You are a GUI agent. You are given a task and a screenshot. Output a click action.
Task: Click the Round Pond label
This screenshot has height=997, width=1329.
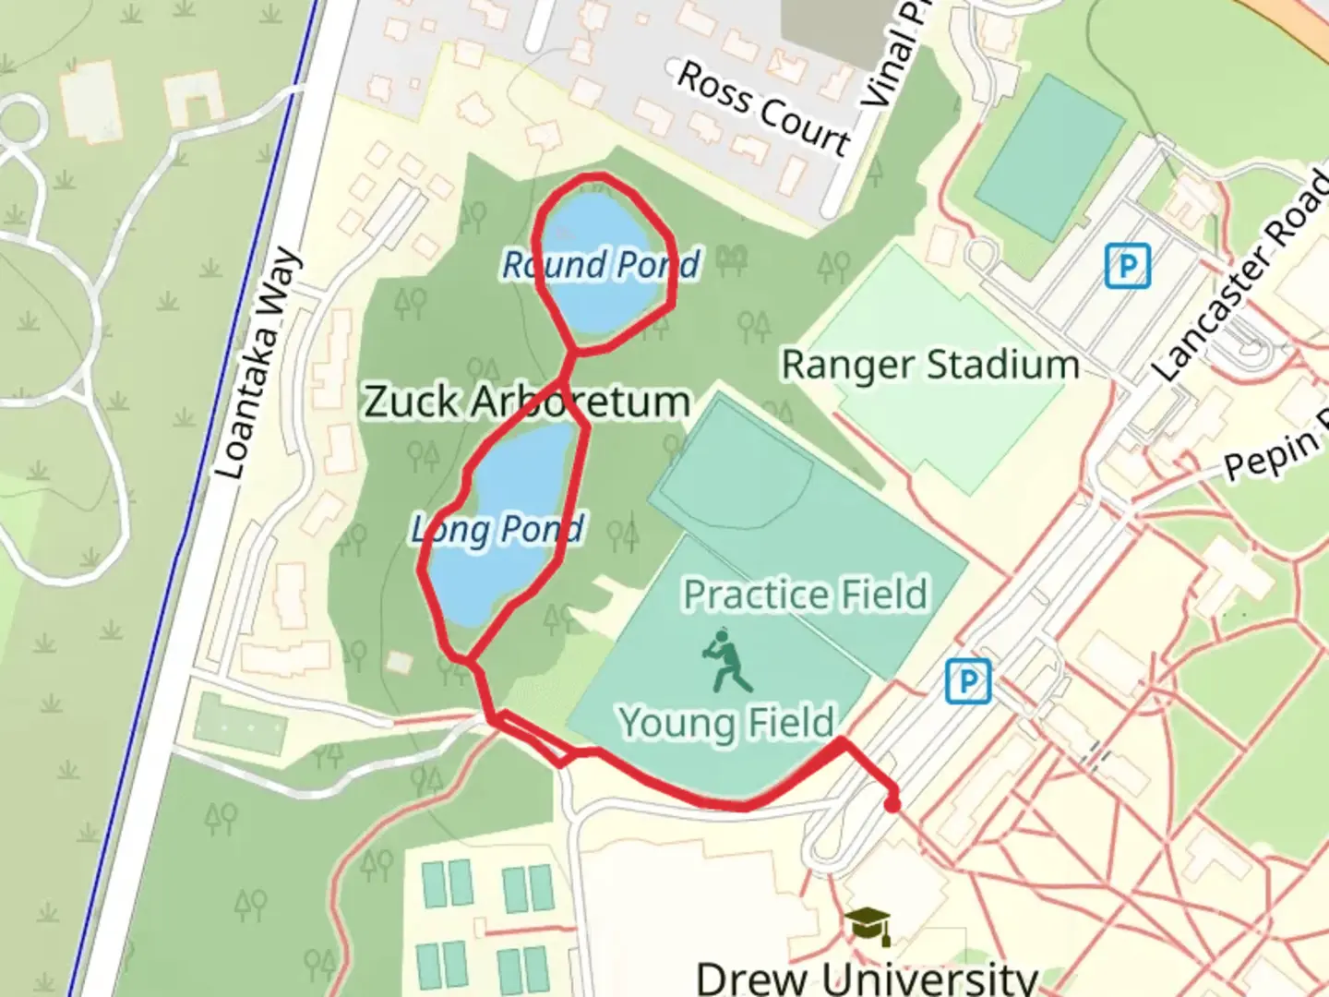[x=601, y=265]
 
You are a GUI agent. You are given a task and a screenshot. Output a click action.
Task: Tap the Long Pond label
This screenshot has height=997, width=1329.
[x=497, y=530]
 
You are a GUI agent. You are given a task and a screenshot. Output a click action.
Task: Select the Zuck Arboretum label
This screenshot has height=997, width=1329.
[x=527, y=402]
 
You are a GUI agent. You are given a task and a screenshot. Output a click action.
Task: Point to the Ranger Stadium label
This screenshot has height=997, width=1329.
[x=930, y=365]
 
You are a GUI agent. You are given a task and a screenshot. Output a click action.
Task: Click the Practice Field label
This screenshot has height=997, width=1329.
[x=805, y=595]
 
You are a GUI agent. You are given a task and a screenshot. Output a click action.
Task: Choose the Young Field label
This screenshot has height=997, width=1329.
[x=727, y=722]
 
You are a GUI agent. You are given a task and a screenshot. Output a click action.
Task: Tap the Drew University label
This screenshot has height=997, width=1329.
[x=867, y=977]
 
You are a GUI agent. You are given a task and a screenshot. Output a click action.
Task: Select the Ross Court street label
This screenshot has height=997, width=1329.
[x=763, y=109]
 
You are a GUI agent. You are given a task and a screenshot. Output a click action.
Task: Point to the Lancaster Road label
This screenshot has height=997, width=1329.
[x=1242, y=278]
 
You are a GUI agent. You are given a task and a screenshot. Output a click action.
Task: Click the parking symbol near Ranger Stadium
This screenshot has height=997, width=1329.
[x=1127, y=267]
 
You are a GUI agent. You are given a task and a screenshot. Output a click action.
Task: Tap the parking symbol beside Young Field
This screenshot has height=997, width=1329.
[x=968, y=682]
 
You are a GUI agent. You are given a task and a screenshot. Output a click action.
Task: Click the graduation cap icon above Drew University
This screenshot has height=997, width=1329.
[x=868, y=925]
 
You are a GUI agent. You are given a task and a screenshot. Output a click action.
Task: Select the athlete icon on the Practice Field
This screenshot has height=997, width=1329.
[x=728, y=661]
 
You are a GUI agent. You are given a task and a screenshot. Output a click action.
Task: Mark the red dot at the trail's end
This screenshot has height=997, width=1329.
[x=892, y=805]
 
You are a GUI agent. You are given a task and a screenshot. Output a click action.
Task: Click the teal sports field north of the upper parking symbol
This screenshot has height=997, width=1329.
[x=1049, y=159]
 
